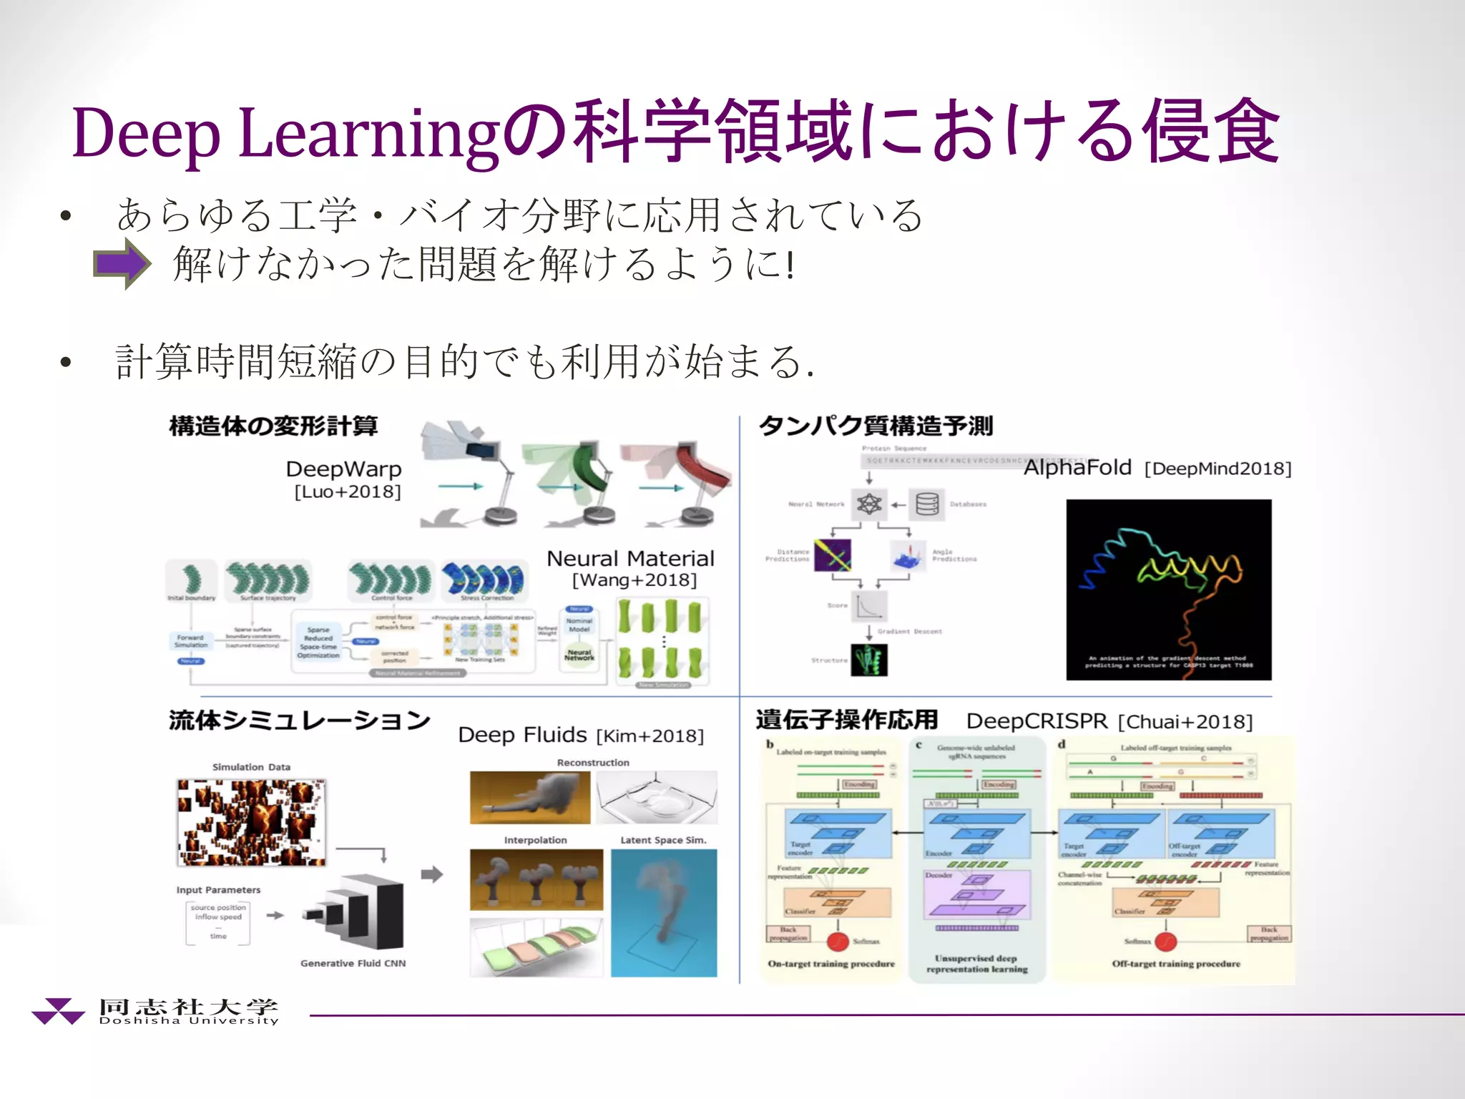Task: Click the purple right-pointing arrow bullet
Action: coord(122,263)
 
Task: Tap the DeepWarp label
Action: coord(343,469)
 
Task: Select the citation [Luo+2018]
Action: coord(348,492)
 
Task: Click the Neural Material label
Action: coord(630,559)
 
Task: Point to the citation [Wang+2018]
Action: coord(634,580)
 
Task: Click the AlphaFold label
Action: coord(1077,468)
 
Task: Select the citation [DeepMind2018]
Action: coord(1217,469)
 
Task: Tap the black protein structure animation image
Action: coord(1168,589)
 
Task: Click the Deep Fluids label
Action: coord(522,736)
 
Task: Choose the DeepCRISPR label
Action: coord(1037,721)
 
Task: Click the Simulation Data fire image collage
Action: coord(251,822)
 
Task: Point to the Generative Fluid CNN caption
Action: coord(353,964)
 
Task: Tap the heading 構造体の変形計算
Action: coord(273,426)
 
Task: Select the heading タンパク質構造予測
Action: coord(876,426)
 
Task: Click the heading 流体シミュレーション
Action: coord(299,721)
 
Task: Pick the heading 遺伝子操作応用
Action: coord(846,720)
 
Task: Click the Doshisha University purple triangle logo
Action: coord(58,1010)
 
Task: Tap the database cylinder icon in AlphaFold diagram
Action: coord(927,504)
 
